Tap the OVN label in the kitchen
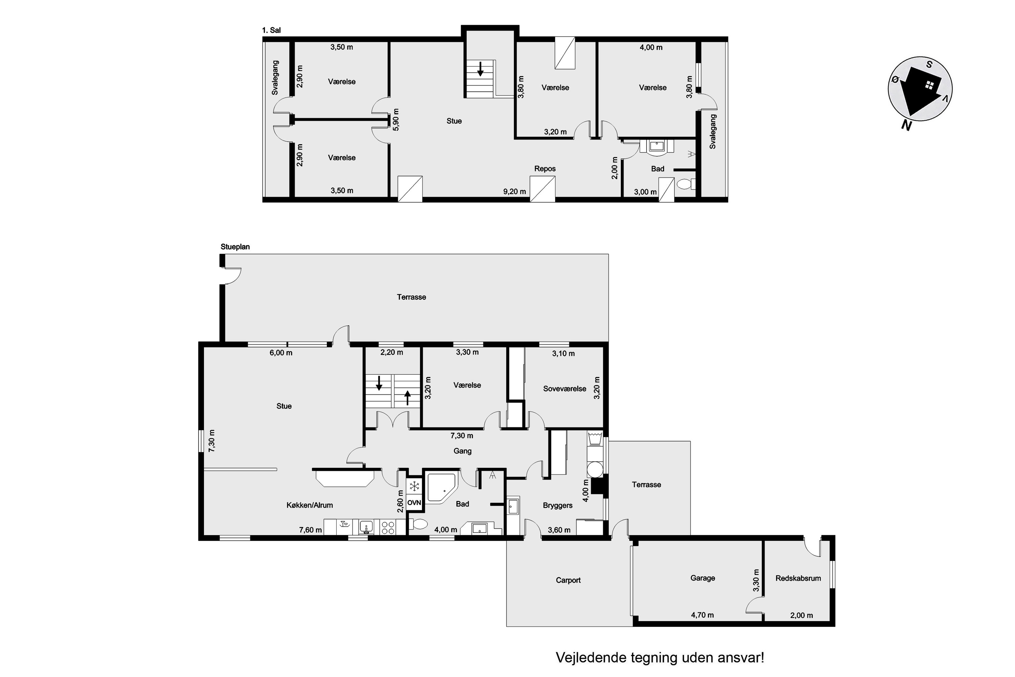pos(414,503)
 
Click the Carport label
pos(568,580)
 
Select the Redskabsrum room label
pos(798,578)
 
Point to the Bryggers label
pos(558,506)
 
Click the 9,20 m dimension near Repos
pos(514,191)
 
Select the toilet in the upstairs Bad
pos(686,184)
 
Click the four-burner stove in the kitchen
pos(388,527)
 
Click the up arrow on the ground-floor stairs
pos(407,397)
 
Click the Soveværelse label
pos(564,389)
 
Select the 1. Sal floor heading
pos(271,30)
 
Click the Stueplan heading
pos(235,247)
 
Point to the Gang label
pos(462,451)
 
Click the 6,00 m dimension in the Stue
pos(281,353)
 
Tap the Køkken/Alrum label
pos(310,505)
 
